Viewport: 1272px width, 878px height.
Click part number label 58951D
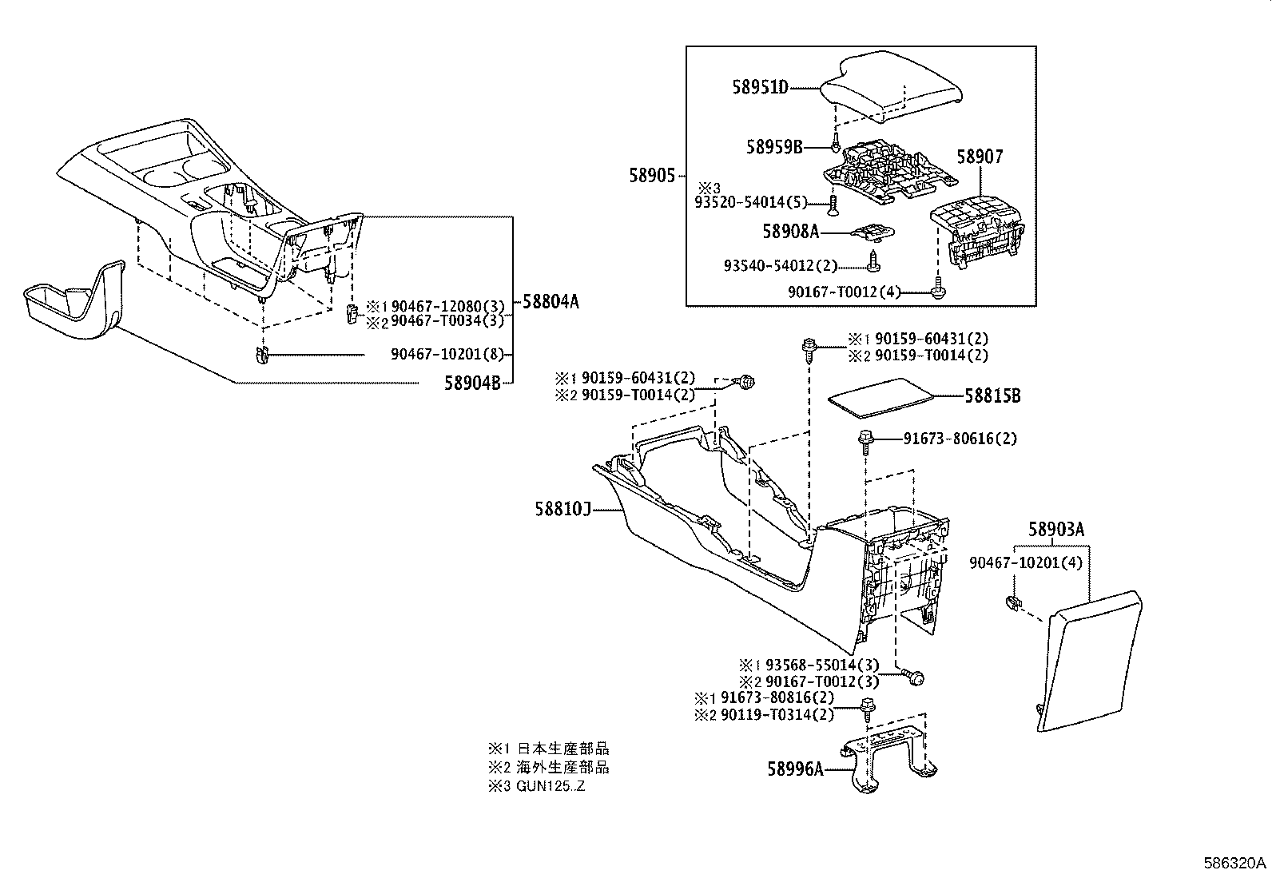(x=760, y=86)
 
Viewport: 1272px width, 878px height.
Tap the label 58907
(x=980, y=157)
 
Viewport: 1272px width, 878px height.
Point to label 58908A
(x=791, y=232)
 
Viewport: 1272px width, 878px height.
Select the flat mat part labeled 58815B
(x=880, y=397)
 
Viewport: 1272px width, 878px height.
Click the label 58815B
(x=992, y=395)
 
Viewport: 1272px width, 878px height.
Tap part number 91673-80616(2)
(x=960, y=439)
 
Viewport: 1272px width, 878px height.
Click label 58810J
(x=562, y=509)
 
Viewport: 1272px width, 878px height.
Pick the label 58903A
(x=1055, y=529)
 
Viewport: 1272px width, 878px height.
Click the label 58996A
(x=795, y=769)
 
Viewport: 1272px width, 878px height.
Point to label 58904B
(x=472, y=383)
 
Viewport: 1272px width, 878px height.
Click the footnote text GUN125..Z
(x=552, y=785)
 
